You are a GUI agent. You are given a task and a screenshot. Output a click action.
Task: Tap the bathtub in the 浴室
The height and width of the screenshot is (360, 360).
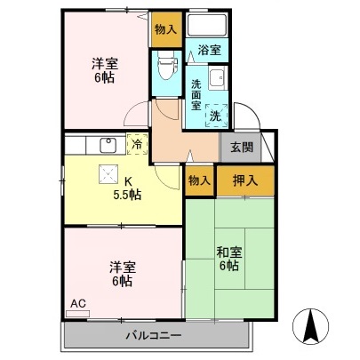click(x=210, y=25)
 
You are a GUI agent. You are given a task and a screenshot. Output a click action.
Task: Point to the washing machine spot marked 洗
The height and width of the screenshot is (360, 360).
click(x=215, y=114)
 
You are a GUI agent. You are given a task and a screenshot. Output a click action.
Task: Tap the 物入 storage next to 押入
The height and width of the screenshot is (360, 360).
click(x=200, y=180)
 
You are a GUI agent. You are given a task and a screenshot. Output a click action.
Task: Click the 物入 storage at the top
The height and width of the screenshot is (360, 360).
click(x=164, y=29)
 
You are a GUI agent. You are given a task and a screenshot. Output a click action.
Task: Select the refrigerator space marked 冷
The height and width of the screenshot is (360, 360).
click(x=138, y=143)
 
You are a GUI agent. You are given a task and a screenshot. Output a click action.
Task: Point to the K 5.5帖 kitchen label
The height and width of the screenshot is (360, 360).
click(x=126, y=189)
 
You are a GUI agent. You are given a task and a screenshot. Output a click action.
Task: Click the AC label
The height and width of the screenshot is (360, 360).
click(x=77, y=304)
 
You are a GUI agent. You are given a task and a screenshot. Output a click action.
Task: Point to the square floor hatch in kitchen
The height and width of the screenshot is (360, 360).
click(x=108, y=175)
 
